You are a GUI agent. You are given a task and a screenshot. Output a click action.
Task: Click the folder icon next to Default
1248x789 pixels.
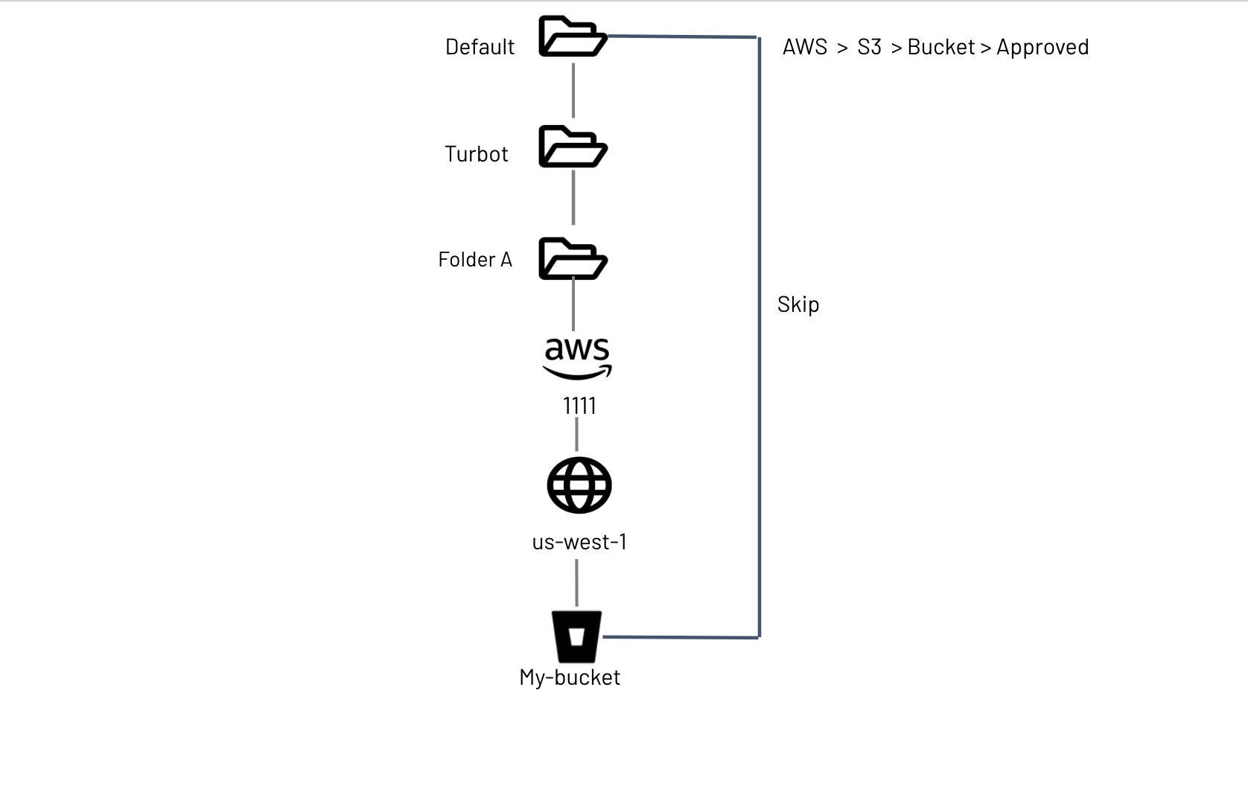pyautogui.click(x=573, y=36)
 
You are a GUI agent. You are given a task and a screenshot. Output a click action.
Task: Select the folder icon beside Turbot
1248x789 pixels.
pyautogui.click(x=573, y=147)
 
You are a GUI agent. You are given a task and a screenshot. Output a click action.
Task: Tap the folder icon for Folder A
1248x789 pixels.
pyautogui.click(x=573, y=258)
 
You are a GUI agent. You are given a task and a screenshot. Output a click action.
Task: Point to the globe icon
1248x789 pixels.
pyautogui.click(x=579, y=485)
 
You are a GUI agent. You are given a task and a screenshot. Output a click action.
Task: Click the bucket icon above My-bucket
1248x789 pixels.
pyautogui.click(x=576, y=636)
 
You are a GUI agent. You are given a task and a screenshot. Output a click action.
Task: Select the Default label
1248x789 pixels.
pyautogui.click(x=480, y=47)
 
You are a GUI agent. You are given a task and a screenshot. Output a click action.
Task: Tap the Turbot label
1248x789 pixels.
pyautogui.click(x=476, y=154)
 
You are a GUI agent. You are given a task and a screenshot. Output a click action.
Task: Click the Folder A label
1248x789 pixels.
pyautogui.click(x=475, y=260)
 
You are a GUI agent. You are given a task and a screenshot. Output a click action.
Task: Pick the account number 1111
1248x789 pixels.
pyautogui.click(x=579, y=406)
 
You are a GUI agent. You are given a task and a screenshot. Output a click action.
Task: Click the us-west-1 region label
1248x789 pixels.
pyautogui.click(x=579, y=542)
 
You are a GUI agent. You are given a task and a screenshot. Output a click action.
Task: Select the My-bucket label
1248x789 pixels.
pyautogui.click(x=570, y=677)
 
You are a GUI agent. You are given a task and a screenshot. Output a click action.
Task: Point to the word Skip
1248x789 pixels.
pyautogui.click(x=798, y=304)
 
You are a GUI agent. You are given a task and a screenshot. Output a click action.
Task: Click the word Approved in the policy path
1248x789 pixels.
pyautogui.click(x=1042, y=47)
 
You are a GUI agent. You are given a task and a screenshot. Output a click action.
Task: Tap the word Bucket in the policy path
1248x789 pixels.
pyautogui.click(x=940, y=47)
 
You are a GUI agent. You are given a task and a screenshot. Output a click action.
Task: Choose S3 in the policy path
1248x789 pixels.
pyautogui.click(x=869, y=47)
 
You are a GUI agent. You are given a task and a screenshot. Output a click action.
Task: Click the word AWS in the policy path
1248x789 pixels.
pyautogui.click(x=805, y=47)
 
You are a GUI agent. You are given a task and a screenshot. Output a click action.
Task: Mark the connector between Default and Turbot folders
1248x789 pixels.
pyautogui.click(x=573, y=90)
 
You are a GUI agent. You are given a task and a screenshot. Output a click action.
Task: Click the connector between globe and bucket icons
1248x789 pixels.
pyautogui.click(x=577, y=583)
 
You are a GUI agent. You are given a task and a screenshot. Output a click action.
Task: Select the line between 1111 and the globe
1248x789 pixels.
pyautogui.click(x=577, y=435)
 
